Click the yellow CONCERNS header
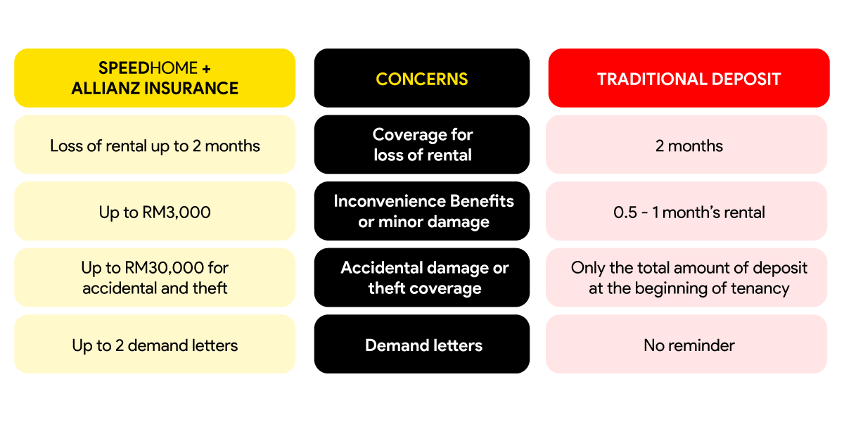click(x=421, y=78)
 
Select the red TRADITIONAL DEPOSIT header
click(x=689, y=78)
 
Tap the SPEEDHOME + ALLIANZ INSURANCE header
click(x=155, y=78)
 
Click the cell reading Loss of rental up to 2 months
click(x=155, y=145)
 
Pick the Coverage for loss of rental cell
click(x=421, y=145)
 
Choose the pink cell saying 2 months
click(x=686, y=145)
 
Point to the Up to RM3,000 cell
click(x=155, y=211)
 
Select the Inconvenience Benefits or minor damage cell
click(x=421, y=211)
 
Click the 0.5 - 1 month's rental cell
click(x=686, y=211)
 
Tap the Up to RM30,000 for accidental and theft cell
click(x=155, y=277)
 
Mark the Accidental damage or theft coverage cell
click(x=421, y=277)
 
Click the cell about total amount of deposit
click(x=686, y=277)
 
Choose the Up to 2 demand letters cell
click(x=155, y=344)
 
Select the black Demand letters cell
click(x=421, y=344)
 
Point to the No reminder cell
click(x=686, y=344)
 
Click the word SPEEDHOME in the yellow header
click(x=148, y=68)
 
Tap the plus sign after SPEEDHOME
click(x=206, y=69)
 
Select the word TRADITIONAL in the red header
click(x=652, y=79)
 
